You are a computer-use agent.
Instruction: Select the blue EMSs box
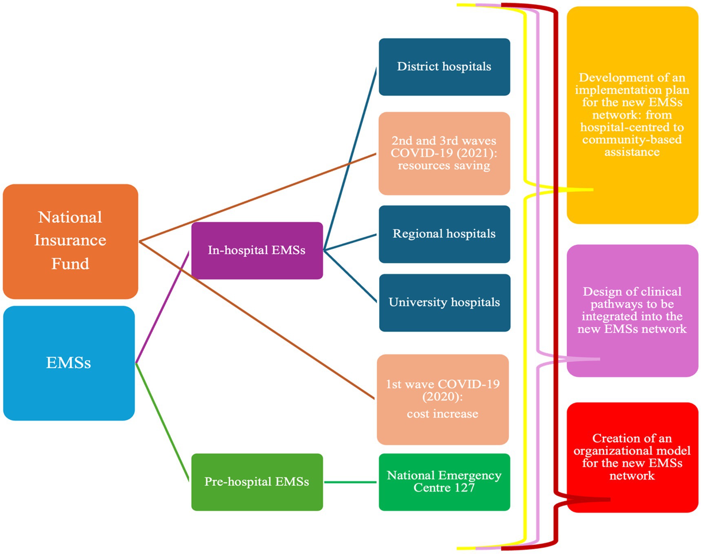point(69,363)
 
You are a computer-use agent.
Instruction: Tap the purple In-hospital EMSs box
point(257,250)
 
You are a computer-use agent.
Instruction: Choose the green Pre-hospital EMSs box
point(257,482)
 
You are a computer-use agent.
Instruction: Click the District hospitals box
point(444,66)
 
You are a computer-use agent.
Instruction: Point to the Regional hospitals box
point(444,234)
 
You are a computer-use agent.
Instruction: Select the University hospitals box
point(444,302)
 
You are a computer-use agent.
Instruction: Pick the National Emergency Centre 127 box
point(444,482)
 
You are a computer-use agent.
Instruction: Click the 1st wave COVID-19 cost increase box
point(442,399)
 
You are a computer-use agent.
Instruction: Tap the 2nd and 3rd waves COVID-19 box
point(444,153)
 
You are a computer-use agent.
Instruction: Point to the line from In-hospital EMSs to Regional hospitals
point(350,242)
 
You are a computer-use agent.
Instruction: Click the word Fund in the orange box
point(70,264)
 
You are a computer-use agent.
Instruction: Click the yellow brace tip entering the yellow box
point(587,190)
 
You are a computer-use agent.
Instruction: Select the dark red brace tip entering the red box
point(604,499)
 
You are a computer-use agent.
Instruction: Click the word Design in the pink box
point(599,292)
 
